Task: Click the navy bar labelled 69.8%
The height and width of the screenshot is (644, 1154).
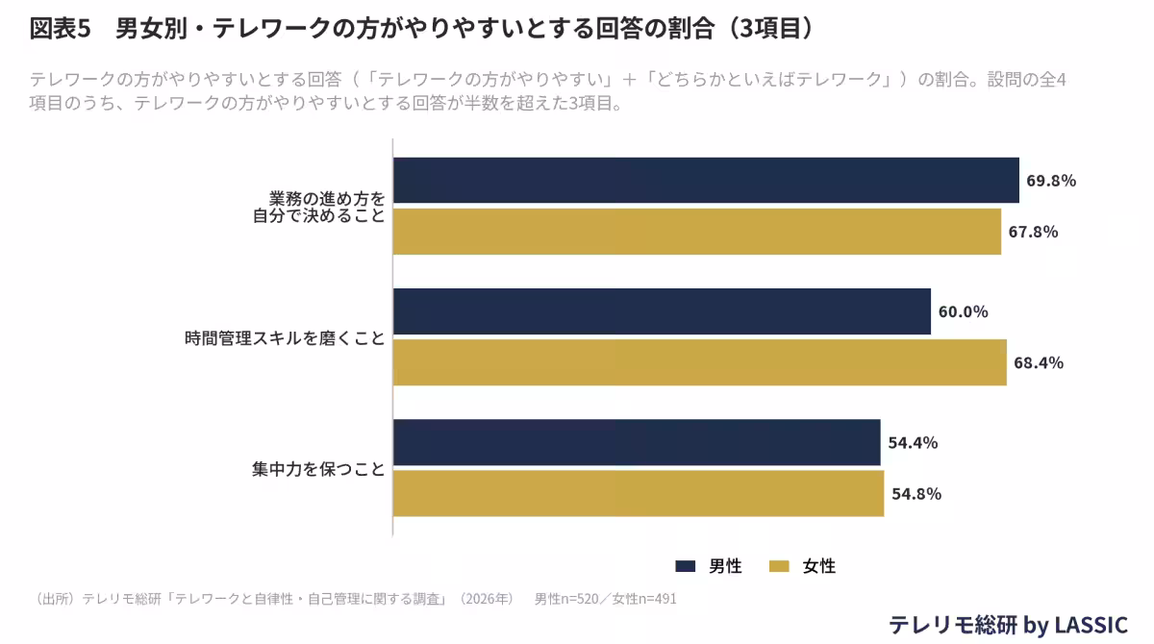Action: click(706, 180)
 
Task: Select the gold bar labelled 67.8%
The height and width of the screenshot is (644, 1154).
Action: click(697, 231)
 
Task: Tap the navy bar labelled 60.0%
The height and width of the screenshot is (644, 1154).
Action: click(662, 311)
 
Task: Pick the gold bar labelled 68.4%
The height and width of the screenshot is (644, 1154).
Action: click(700, 362)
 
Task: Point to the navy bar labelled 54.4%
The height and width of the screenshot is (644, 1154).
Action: click(637, 442)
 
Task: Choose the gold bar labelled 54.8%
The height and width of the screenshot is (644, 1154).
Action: click(639, 493)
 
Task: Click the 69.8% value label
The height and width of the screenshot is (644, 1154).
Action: click(1051, 181)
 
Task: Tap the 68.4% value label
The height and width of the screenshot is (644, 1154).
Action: click(1039, 363)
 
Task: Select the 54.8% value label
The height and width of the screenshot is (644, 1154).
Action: click(916, 494)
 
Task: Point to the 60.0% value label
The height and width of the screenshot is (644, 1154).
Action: click(963, 312)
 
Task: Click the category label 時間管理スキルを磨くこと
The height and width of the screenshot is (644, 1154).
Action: click(285, 338)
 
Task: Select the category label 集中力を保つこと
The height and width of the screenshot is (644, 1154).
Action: click(318, 469)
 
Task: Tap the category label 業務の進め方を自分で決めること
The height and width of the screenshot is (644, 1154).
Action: click(319, 207)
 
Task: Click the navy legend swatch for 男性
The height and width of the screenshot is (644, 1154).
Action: click(685, 566)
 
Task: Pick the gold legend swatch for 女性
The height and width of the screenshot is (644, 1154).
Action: click(779, 566)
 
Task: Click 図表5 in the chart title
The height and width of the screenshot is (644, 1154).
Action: click(61, 28)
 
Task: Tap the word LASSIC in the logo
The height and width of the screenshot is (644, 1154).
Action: click(1091, 625)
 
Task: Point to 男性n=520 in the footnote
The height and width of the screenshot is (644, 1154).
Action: click(566, 599)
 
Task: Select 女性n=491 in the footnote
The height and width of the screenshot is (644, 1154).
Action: click(644, 599)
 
